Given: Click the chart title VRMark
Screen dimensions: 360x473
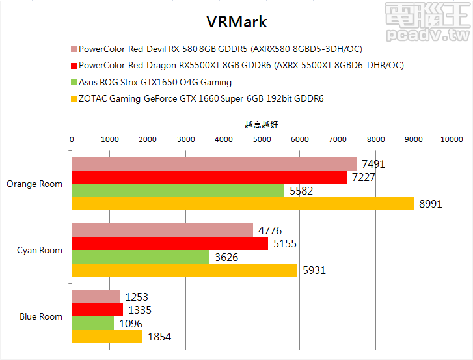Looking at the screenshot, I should tap(236, 21).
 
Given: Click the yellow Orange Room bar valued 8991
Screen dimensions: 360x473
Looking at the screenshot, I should tap(242, 204).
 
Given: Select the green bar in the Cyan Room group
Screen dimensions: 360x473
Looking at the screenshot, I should tap(140, 257).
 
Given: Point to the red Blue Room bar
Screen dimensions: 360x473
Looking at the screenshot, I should tap(97, 310).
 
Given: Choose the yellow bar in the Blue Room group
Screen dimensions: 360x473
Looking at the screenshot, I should tap(107, 337).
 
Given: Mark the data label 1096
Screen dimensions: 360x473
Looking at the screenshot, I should tap(129, 324).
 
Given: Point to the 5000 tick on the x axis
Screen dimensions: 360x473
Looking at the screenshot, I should tap(262, 139).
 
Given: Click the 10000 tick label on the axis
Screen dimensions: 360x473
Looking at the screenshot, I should tap(451, 139).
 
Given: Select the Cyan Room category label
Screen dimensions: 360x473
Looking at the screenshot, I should tap(40, 250).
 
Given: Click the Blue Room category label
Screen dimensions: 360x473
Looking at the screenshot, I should tap(41, 316).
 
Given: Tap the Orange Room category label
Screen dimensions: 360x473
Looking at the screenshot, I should tap(34, 184).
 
